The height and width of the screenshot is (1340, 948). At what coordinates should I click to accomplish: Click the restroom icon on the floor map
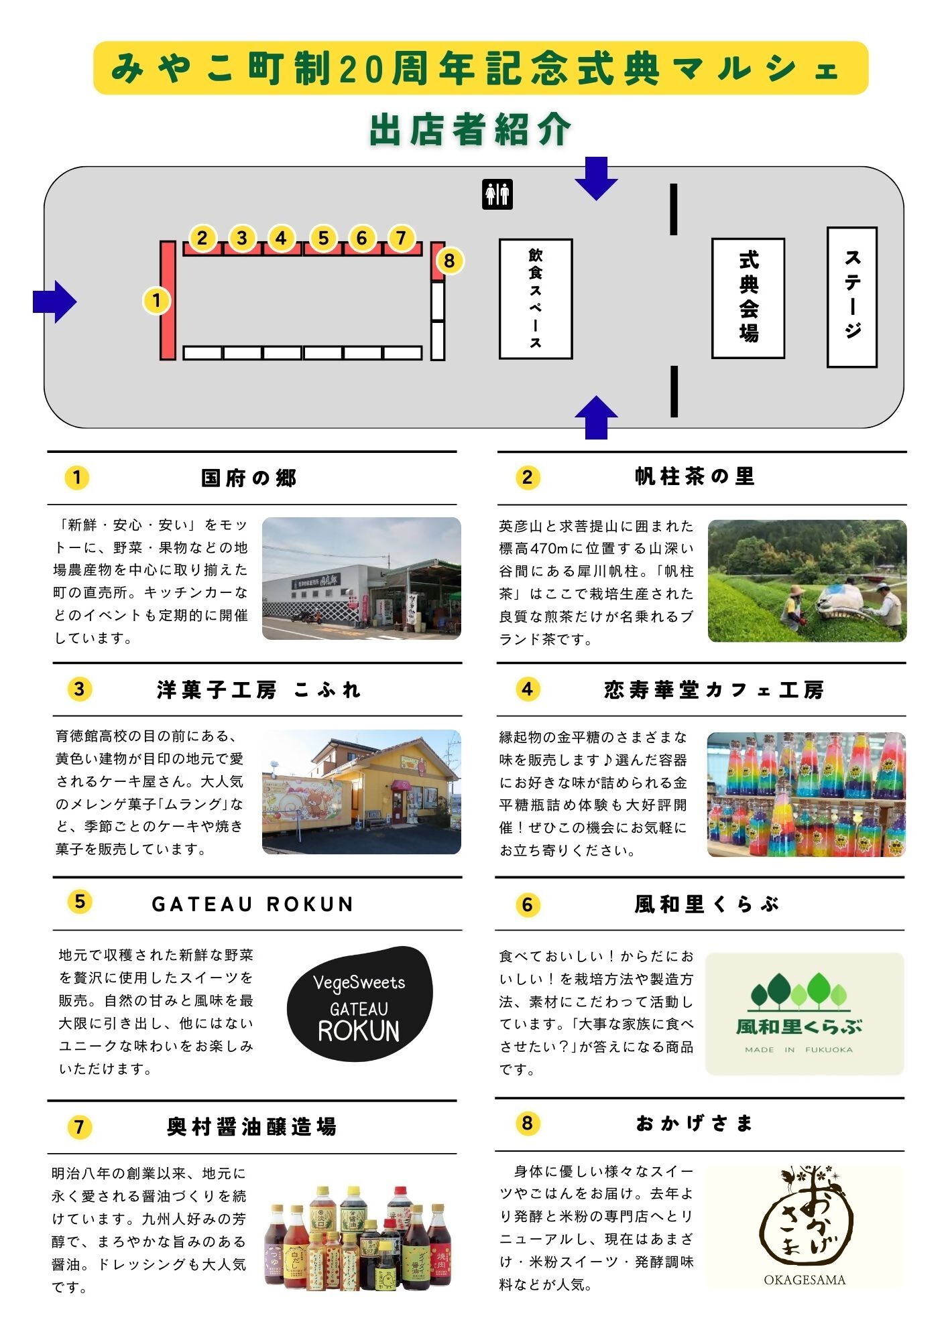click(497, 194)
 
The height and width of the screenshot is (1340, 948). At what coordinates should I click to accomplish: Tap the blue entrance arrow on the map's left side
click(55, 302)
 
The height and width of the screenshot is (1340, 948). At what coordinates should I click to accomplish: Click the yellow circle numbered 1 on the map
click(156, 300)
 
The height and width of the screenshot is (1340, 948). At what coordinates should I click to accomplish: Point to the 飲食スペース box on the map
click(535, 299)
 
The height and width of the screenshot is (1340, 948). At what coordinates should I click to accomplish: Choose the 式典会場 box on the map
click(748, 298)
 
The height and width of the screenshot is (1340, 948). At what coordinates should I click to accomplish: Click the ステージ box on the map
click(851, 297)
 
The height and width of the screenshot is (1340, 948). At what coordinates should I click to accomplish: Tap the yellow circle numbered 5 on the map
click(323, 238)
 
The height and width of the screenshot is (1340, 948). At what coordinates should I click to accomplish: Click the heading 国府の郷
click(249, 478)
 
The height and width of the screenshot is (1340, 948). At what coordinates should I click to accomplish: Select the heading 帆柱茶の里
click(695, 477)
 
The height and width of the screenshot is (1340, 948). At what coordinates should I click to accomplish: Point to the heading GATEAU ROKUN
click(253, 904)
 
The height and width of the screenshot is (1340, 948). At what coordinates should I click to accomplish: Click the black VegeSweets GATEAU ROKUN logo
click(359, 1004)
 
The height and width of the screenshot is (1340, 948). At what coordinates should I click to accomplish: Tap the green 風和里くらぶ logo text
click(798, 1026)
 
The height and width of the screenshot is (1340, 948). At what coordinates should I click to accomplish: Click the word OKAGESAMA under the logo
click(804, 1280)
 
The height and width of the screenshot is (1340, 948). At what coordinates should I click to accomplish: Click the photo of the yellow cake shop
click(361, 792)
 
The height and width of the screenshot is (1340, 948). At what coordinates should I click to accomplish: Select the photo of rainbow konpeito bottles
click(806, 795)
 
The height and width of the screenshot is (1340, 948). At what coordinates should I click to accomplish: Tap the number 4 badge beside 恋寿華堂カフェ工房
click(527, 689)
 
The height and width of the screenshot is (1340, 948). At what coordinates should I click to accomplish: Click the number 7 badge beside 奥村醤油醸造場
click(79, 1127)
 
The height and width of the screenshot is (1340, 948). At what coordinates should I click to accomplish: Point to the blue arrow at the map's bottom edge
click(596, 418)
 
